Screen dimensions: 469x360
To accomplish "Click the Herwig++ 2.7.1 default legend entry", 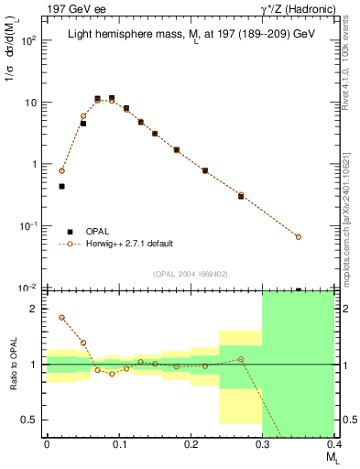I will [129, 244].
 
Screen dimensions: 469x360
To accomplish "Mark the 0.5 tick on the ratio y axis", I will [34, 420].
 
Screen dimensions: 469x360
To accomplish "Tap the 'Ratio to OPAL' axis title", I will [12, 364].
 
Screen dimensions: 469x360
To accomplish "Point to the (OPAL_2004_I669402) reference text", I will [191, 273].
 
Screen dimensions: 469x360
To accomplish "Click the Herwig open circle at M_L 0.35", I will [299, 237].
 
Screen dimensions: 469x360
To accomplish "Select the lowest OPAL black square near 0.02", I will [61, 186].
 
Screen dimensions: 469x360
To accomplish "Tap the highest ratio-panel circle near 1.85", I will [61, 318].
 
